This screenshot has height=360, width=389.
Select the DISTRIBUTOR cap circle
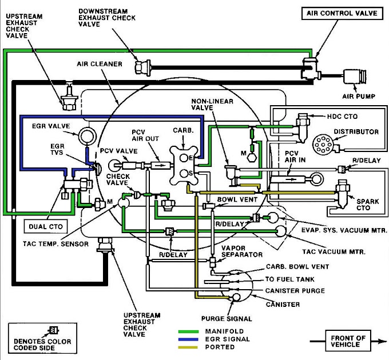tap(324, 146)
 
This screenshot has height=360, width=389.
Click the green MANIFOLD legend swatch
tap(191, 331)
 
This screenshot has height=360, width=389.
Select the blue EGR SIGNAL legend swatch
tap(191, 339)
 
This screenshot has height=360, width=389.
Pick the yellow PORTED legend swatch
tap(191, 347)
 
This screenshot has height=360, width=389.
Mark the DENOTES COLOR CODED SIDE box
tap(37, 337)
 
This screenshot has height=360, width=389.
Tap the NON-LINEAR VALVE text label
tap(209, 105)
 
